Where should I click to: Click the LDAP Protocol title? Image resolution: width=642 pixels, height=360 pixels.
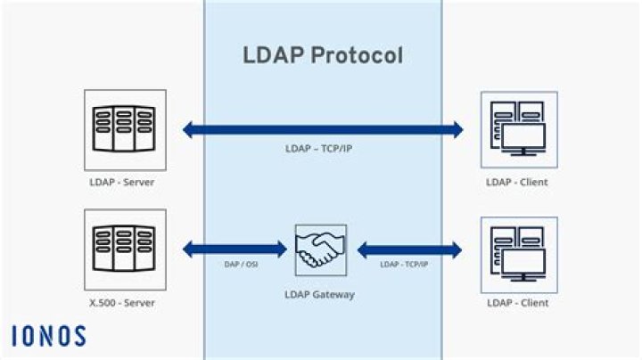[323, 55]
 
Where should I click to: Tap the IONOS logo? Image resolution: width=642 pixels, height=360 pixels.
[49, 336]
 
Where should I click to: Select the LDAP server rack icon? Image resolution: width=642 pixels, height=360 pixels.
[124, 130]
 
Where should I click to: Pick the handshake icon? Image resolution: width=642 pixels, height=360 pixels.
[321, 250]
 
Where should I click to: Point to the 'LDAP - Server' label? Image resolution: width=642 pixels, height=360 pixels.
[124, 182]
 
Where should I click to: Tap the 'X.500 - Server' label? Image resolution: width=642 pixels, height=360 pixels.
[124, 303]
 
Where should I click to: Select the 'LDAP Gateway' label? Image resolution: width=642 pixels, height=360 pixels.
[321, 293]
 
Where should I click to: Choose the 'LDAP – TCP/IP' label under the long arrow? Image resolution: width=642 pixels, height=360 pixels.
[323, 147]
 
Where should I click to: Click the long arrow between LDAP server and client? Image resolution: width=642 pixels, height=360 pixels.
[323, 130]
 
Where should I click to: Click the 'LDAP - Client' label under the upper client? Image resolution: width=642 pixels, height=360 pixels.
[517, 182]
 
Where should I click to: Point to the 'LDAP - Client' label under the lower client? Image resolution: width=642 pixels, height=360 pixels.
[517, 303]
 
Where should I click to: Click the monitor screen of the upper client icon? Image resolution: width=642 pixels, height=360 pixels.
[526, 138]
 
